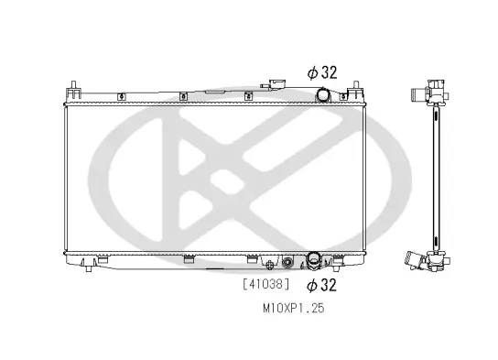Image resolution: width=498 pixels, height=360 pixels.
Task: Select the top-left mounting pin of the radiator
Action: click(72, 89)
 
